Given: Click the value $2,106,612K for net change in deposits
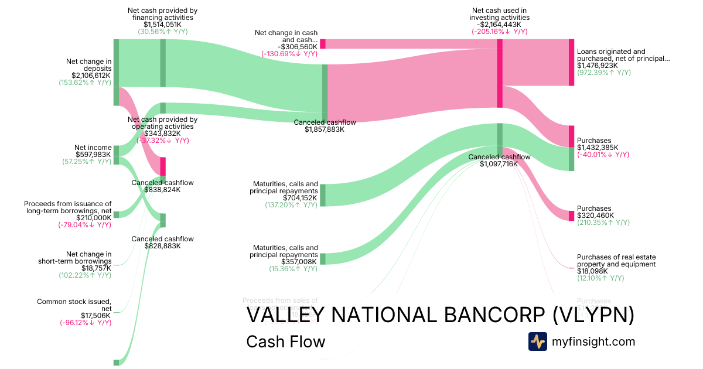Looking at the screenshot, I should click(91, 76).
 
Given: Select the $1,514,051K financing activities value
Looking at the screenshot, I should click(162, 25).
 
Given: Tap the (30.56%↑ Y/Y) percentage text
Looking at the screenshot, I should click(162, 32).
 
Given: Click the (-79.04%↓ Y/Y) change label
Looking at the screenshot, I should click(85, 224).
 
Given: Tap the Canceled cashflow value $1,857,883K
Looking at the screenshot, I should click(325, 129).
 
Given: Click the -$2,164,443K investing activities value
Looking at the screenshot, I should click(499, 25).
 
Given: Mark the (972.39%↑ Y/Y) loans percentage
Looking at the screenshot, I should click(604, 73).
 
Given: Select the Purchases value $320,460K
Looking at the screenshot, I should click(595, 216).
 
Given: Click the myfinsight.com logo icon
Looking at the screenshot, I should click(537, 341).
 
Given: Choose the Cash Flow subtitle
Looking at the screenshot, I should click(285, 341).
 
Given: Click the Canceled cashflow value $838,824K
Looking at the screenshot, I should click(162, 190).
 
